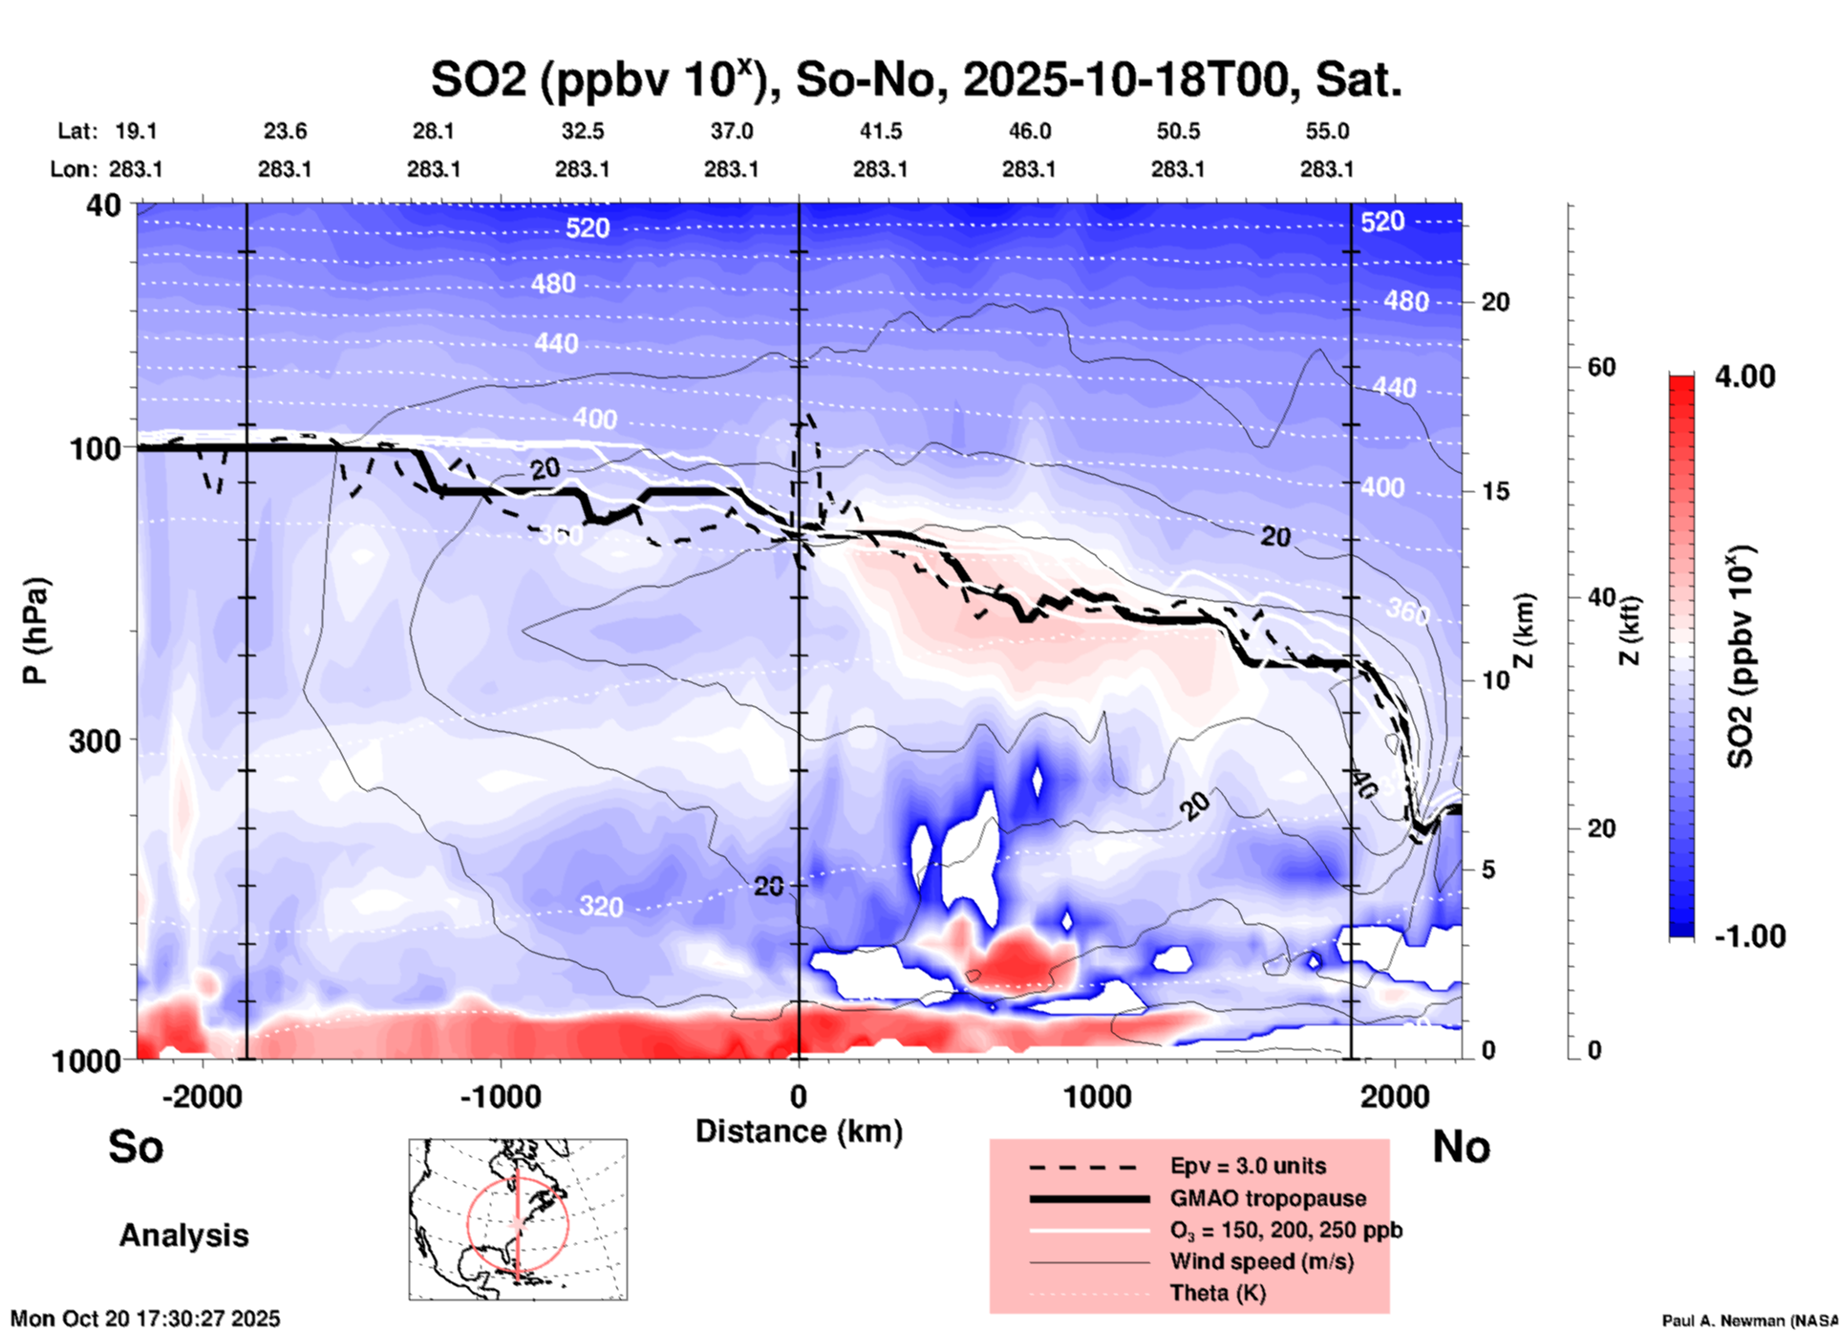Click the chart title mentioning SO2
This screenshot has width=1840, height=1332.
tap(915, 79)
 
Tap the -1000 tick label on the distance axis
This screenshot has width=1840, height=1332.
tap(501, 1097)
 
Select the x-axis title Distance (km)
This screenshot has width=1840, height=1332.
tap(799, 1131)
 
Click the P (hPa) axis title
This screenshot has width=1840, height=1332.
tap(34, 631)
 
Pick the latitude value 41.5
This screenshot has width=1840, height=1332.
tap(880, 131)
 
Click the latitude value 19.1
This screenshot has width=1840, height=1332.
tap(136, 131)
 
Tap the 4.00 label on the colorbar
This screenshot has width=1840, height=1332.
tap(1744, 376)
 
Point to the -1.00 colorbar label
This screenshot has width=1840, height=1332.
tap(1749, 936)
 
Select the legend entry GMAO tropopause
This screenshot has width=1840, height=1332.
tap(1268, 1198)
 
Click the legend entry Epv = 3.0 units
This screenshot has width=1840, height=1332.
tap(1248, 1167)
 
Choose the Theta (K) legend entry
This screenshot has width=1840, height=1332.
tap(1217, 1293)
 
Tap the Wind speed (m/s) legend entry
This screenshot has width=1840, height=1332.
tap(1261, 1261)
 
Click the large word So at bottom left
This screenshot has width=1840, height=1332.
tap(136, 1147)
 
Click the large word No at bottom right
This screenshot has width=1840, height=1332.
tap(1461, 1147)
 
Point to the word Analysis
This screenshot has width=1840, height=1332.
tap(183, 1235)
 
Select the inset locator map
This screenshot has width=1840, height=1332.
tap(518, 1219)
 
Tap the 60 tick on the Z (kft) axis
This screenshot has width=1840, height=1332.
tap(1601, 367)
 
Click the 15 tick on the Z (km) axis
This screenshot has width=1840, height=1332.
tap(1495, 491)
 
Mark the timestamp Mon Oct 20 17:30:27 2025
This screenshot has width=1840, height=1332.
tap(145, 1319)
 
